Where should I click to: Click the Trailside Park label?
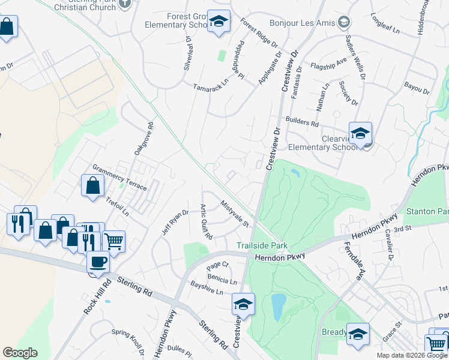pos(262,245)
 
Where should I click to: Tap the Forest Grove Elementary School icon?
pos(219,22)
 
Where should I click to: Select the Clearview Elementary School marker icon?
pos(360,133)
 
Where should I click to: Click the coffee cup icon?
pos(98,262)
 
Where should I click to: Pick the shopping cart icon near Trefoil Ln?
pos(113,241)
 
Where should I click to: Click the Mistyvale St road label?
pos(235,214)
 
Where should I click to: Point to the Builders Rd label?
pos(302,122)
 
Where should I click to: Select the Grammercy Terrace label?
pos(119,178)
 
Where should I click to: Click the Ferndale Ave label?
pos(354,262)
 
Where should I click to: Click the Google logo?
pos(20,353)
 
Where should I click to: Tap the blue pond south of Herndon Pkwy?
pos(278,307)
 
